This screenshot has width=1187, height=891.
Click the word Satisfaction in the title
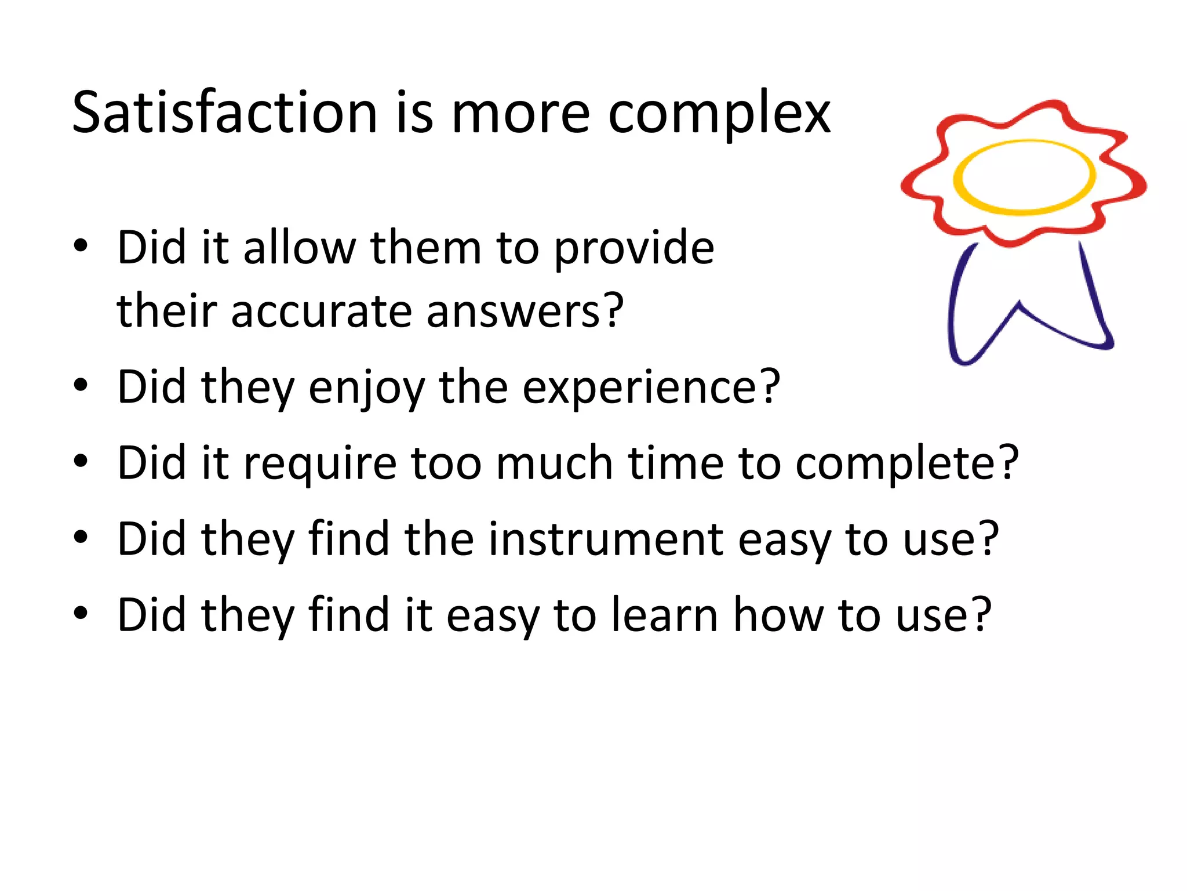[x=225, y=113]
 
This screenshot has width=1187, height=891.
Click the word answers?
[x=525, y=312]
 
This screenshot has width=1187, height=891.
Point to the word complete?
[x=906, y=465]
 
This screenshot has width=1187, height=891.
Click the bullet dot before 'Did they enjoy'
[x=81, y=385]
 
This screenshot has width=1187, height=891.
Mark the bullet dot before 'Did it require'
[x=81, y=461]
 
